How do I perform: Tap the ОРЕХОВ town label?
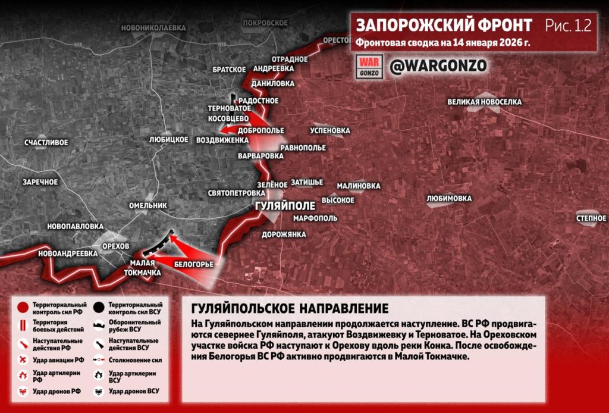pos(115,246)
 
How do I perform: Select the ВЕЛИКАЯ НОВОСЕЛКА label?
pos(485,102)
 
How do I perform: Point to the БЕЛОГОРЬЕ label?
pos(194,263)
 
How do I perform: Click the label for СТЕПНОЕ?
pos(591,218)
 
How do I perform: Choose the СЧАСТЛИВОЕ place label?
pos(46,142)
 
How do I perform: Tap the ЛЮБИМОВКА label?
pos(449,198)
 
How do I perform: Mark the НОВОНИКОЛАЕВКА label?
pos(153,27)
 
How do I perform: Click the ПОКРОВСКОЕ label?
pos(265,22)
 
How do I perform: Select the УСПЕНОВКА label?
pos(330,130)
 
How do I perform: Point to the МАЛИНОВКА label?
pos(359,186)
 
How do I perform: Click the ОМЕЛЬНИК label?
pos(148,205)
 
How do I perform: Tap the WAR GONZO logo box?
pos(368,65)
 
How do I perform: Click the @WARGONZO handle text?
pos(438,65)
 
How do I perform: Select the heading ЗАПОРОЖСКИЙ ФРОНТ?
pos(444,26)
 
